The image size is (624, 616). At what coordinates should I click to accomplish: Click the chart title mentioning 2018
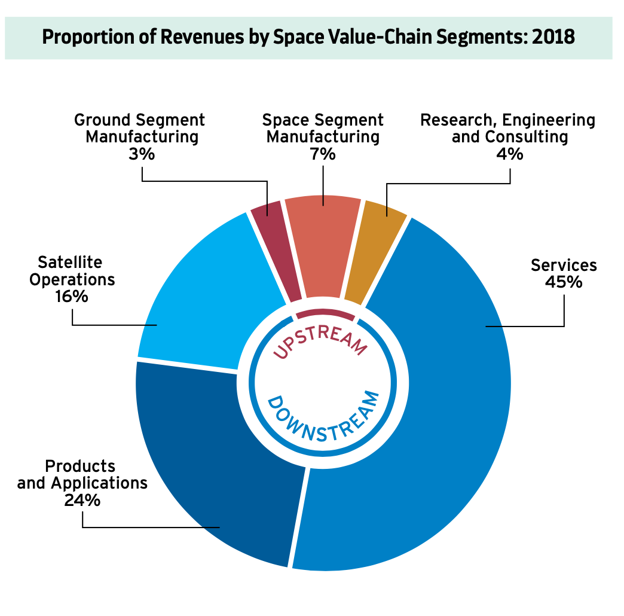[x=308, y=37]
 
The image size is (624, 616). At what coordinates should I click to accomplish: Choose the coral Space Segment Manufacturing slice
[x=323, y=239]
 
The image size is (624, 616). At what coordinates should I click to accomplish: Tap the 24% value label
[x=82, y=500]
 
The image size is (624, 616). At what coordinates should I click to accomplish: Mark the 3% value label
[x=142, y=154]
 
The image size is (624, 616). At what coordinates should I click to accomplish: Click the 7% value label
[x=323, y=154]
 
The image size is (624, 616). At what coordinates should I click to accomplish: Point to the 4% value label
[x=510, y=154]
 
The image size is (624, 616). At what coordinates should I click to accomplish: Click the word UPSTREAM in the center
[x=320, y=340]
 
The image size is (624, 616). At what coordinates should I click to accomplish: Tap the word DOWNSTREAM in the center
[x=323, y=419]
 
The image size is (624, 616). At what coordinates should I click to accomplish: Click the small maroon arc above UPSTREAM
[x=325, y=313]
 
